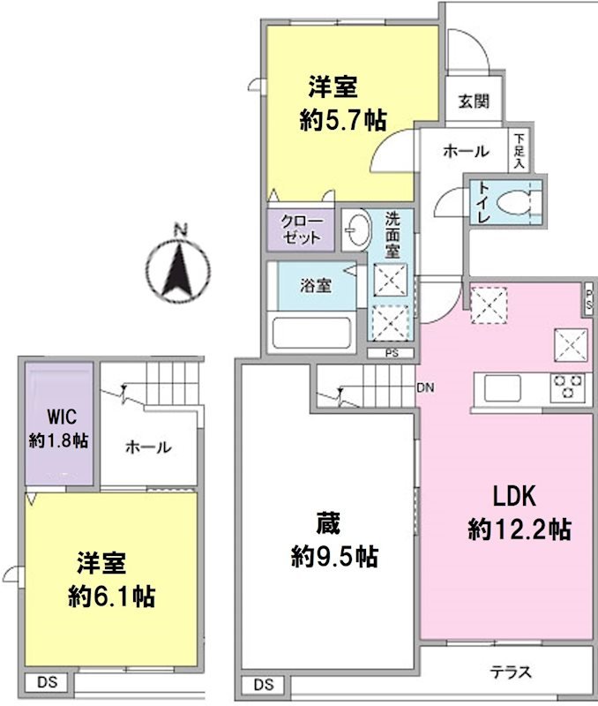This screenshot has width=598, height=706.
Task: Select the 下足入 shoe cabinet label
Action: point(520,151)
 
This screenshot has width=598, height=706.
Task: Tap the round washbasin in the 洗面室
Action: point(356,230)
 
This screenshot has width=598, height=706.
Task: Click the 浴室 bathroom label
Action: point(315,286)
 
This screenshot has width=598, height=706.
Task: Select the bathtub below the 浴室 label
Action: point(313,334)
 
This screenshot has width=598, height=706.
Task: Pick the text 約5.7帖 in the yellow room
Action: point(343,121)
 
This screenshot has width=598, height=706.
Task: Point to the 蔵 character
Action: point(334,524)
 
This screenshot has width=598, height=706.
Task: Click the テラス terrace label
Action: point(512,672)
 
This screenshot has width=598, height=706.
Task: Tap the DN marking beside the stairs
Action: point(424,387)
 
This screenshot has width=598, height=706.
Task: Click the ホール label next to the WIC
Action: point(148,447)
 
